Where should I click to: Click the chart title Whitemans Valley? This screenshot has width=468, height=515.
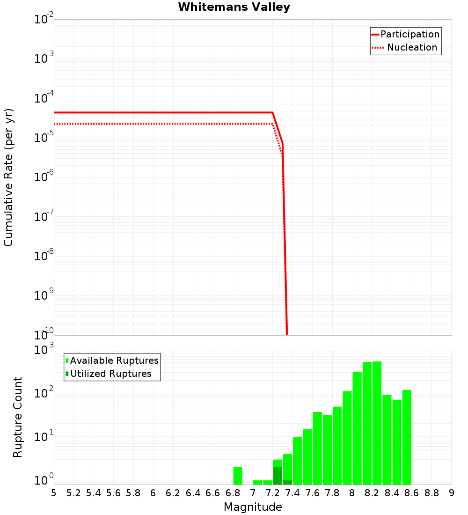click(234, 7)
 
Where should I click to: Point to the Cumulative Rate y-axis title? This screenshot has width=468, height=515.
click(8, 177)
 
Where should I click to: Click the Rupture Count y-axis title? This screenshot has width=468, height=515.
click(18, 417)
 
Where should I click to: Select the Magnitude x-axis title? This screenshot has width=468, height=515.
click(253, 507)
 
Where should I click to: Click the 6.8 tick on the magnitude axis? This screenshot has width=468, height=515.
click(233, 493)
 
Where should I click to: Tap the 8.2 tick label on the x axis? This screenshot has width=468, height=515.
click(372, 493)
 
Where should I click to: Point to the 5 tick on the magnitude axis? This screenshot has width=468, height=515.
click(54, 493)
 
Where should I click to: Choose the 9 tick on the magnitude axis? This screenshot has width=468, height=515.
click(452, 493)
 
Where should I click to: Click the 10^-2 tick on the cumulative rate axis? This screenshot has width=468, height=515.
click(44, 20)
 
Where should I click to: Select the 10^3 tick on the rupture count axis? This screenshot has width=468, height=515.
click(44, 350)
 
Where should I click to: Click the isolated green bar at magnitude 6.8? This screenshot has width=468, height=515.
click(238, 476)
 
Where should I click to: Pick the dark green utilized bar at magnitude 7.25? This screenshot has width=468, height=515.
click(278, 476)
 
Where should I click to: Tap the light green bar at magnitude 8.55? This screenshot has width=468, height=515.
click(407, 437)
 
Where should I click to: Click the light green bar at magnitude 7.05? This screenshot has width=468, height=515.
click(257, 482)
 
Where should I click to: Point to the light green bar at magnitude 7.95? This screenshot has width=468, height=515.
click(347, 438)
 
